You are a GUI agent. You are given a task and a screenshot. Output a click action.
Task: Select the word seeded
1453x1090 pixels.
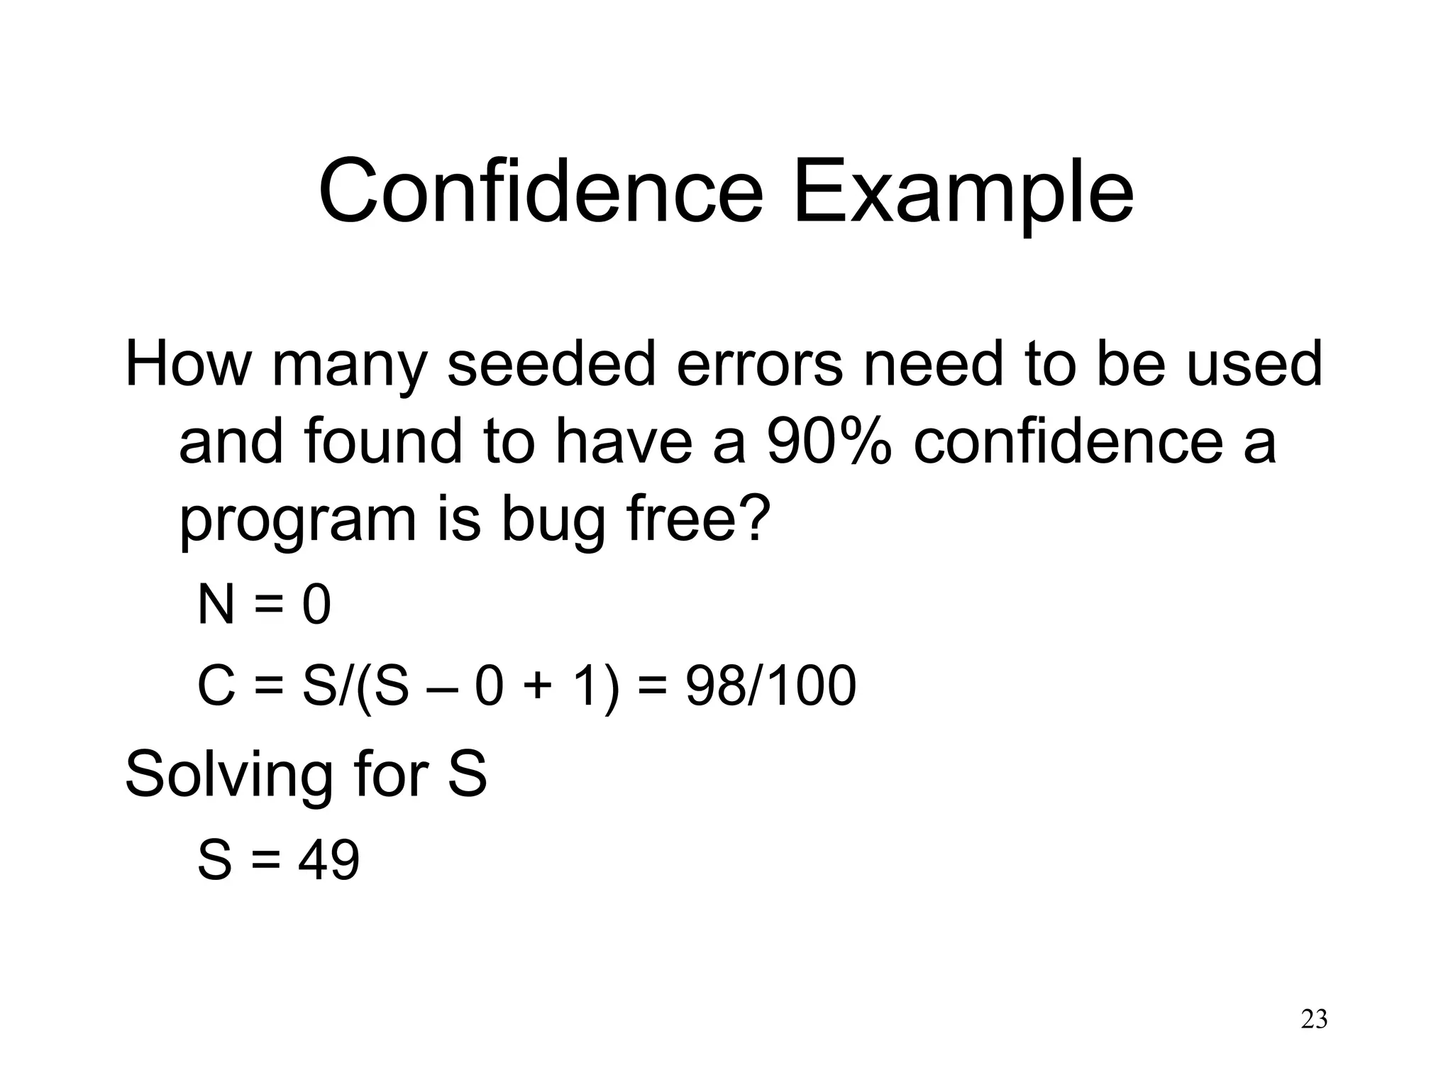(x=551, y=363)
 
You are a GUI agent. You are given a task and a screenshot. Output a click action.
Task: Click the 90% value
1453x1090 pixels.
(x=829, y=441)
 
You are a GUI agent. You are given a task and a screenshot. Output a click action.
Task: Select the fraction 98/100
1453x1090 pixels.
(x=770, y=686)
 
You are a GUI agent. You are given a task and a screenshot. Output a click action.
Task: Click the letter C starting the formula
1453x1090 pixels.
(x=216, y=686)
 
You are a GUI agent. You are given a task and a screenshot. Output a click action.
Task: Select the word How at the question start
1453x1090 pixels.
(x=188, y=363)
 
